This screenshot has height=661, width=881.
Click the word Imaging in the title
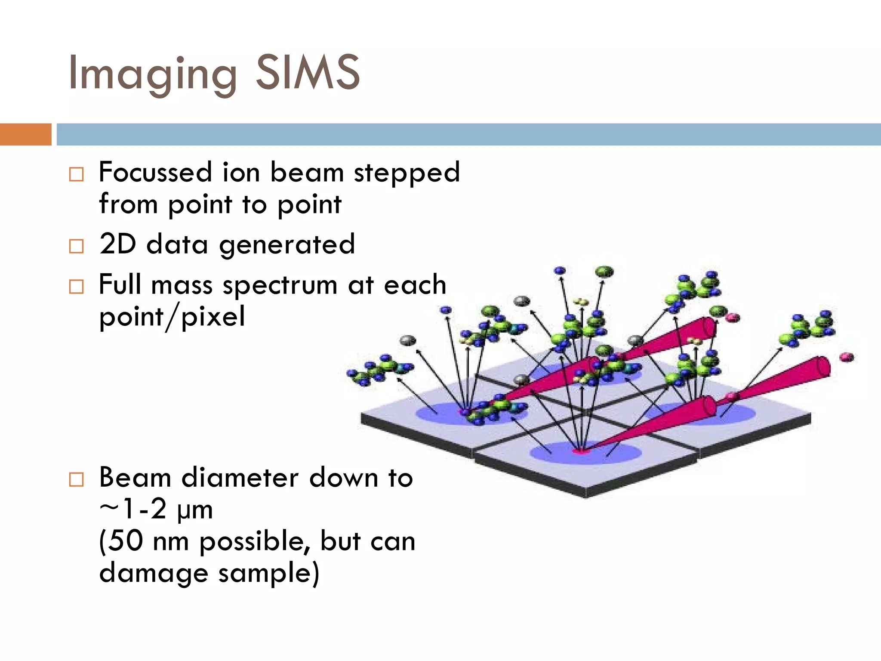(153, 74)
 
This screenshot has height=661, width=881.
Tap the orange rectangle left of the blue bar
(25, 134)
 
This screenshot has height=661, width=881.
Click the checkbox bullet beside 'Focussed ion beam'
(76, 174)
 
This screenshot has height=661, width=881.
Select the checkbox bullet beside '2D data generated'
(76, 246)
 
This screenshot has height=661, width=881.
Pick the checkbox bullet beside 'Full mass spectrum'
(76, 287)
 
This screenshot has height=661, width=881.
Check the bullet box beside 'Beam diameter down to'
(76, 479)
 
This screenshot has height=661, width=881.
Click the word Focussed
(155, 172)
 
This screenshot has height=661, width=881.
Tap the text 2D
(117, 244)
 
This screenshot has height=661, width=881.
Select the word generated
(287, 246)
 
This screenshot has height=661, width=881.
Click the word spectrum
(280, 286)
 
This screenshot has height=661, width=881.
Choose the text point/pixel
(172, 318)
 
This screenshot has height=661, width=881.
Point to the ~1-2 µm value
(156, 510)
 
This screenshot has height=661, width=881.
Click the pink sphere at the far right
(847, 357)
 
